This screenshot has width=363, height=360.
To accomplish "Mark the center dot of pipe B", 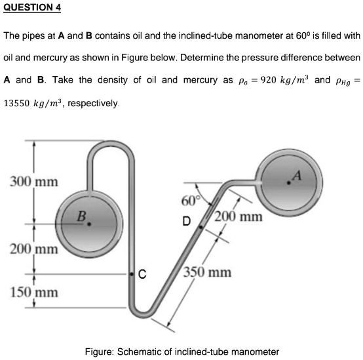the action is tap(90, 224).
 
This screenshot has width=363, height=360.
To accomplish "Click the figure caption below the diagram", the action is tap(181, 351).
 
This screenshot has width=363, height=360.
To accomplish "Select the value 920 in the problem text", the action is tap(272, 80).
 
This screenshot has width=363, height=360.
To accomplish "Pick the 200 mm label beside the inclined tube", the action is tap(240, 216).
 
